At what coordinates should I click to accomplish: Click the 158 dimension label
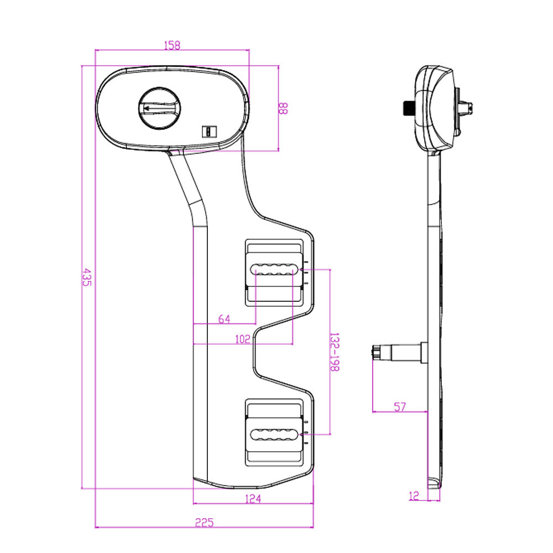pyautogui.click(x=173, y=45)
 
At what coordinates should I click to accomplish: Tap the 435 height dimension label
pyautogui.click(x=86, y=276)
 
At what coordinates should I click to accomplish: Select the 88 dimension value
pyautogui.click(x=283, y=107)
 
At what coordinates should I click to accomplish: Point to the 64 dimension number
pyautogui.click(x=224, y=319)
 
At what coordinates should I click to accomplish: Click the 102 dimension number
pyautogui.click(x=242, y=340)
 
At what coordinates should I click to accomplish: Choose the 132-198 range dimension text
pyautogui.click(x=334, y=352)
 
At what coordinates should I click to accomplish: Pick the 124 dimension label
pyautogui.click(x=252, y=499)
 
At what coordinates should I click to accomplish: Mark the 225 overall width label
pyautogui.click(x=204, y=521)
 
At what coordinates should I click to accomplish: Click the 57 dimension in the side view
pyautogui.click(x=400, y=407)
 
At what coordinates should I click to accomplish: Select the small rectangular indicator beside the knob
pyautogui.click(x=209, y=131)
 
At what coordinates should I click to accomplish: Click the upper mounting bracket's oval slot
pyautogui.click(x=272, y=270)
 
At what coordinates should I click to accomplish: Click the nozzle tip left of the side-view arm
pyautogui.click(x=377, y=352)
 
